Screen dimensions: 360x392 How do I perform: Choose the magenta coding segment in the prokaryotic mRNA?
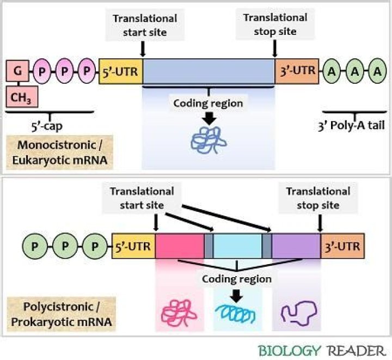[x=180, y=246]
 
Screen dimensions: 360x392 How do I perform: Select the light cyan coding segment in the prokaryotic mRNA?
[x=237, y=246]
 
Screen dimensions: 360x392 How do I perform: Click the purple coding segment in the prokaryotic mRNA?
[x=296, y=246]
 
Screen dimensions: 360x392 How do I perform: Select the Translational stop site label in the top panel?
[x=275, y=25]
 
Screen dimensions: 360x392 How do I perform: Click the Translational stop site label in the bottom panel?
[x=318, y=198]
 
